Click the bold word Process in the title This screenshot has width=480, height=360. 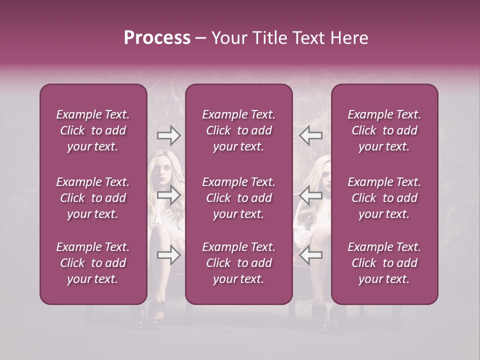pos(157,37)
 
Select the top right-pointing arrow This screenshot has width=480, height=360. pos(169,135)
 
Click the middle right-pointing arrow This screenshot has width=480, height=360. pos(169,195)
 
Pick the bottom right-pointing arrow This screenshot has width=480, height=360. pos(169,255)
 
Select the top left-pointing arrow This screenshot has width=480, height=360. pos(310,135)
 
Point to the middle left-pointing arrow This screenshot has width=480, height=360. pos(310,195)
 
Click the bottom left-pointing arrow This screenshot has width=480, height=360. pos(310,255)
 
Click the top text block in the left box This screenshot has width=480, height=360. pos(93,130)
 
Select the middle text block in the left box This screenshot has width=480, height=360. pos(93,198)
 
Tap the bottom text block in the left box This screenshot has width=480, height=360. pos(93,263)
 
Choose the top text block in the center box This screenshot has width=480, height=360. pos(238,130)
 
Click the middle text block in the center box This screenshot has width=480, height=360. pos(238,198)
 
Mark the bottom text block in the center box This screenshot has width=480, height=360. pos(238,263)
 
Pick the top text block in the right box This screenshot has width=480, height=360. pos(384,130)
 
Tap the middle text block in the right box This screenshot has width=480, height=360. pos(384,198)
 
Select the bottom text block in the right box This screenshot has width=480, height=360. pos(384,263)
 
